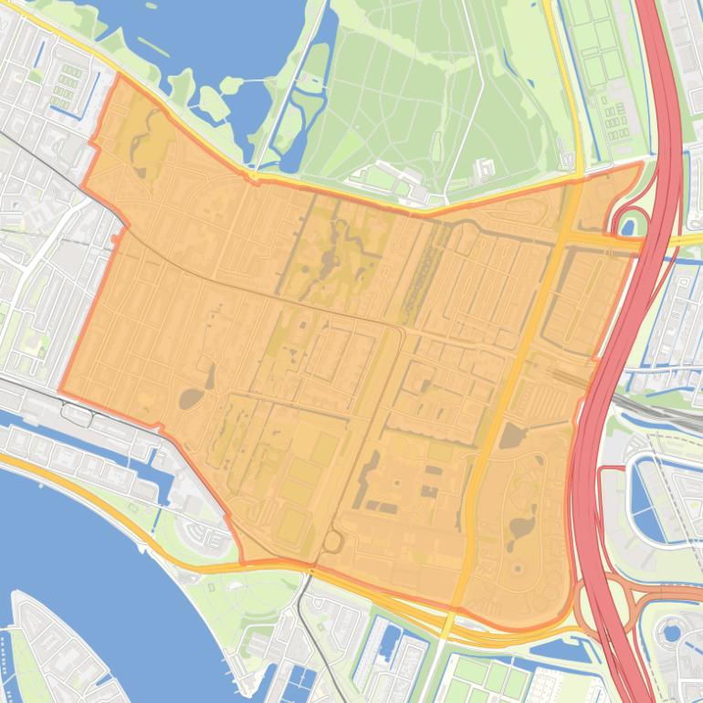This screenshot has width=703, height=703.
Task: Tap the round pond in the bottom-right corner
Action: pos(674,631)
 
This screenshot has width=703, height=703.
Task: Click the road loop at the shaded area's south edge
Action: pos(331,542)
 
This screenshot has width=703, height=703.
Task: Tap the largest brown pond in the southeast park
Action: pos(521,527)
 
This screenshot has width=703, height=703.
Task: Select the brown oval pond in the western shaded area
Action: pos(193,398)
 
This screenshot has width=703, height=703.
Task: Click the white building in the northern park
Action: pos(484,167)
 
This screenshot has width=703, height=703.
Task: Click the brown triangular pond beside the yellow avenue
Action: pos(511,435)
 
